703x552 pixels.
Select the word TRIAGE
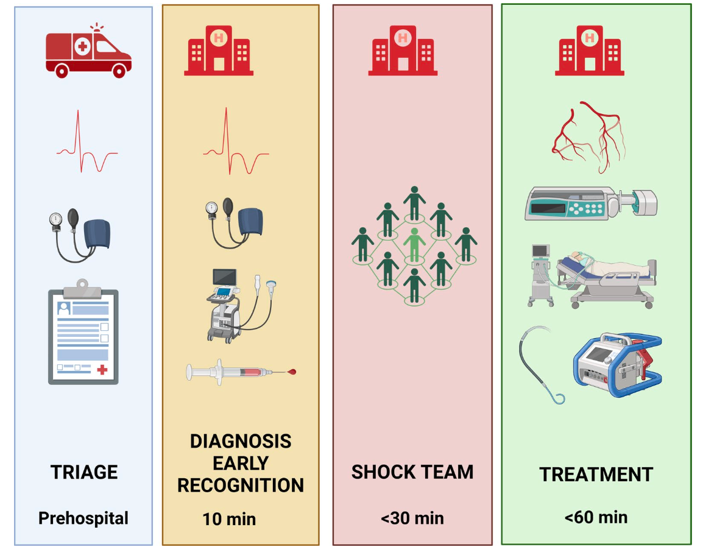tap(84, 472)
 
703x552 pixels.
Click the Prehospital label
tap(83, 518)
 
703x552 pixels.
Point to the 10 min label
tap(229, 520)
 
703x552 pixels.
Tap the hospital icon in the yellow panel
tap(219, 51)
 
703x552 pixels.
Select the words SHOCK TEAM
tap(412, 472)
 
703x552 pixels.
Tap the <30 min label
tap(412, 518)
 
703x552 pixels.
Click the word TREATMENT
tap(596, 475)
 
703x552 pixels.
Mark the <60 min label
tap(596, 518)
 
